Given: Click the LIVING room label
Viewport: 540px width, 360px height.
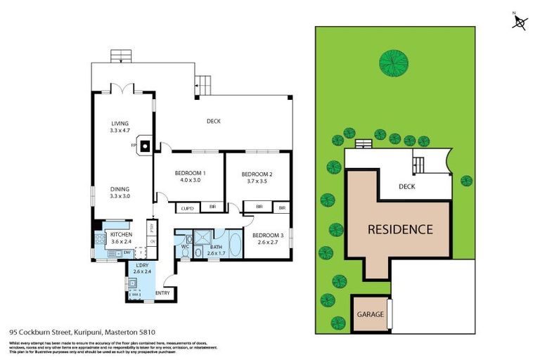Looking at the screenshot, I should [120, 124].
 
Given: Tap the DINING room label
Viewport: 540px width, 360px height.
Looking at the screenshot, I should [120, 188].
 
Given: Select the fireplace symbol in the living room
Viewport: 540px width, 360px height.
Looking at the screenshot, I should [144, 146].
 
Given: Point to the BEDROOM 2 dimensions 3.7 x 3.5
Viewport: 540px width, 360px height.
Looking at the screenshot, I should [256, 181].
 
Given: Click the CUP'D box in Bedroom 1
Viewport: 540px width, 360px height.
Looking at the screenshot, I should [188, 207].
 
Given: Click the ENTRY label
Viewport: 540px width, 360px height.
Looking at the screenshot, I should [162, 292].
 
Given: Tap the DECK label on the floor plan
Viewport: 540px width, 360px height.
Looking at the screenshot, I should [214, 121].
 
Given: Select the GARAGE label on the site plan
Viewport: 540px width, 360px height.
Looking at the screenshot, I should [371, 314].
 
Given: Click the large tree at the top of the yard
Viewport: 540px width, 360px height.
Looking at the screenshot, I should [394, 62].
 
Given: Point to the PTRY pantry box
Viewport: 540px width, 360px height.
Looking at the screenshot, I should [151, 229].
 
